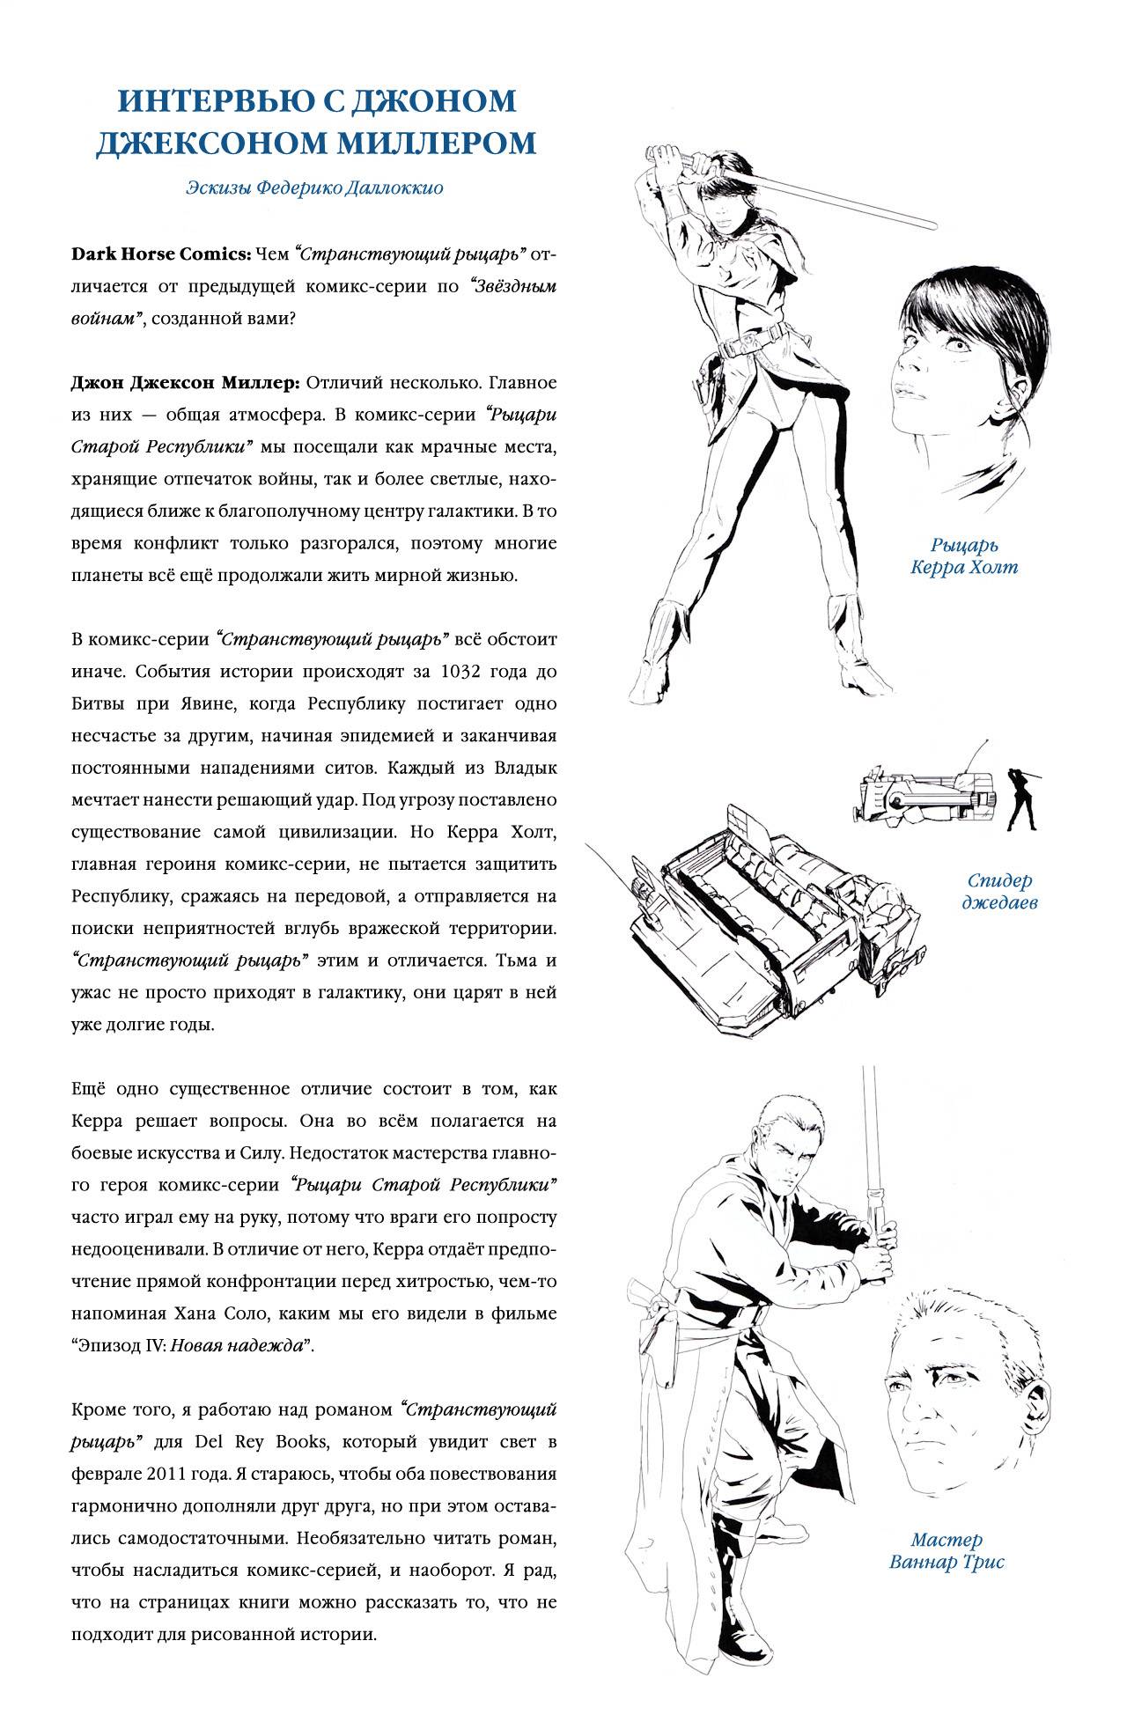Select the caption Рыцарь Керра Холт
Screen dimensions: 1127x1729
pyautogui.click(x=964, y=555)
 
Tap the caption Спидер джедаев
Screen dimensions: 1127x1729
pyautogui.click(x=999, y=891)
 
